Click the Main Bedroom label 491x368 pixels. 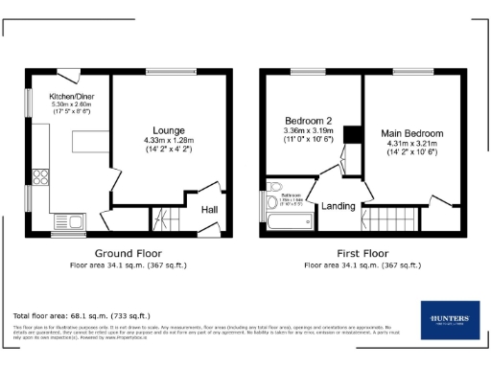point(411,132)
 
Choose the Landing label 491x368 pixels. point(339,206)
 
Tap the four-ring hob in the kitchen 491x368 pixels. point(41,176)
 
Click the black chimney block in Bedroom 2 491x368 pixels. point(350,134)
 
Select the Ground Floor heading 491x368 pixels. point(128,253)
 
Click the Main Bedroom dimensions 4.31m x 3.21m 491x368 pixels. point(411,143)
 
